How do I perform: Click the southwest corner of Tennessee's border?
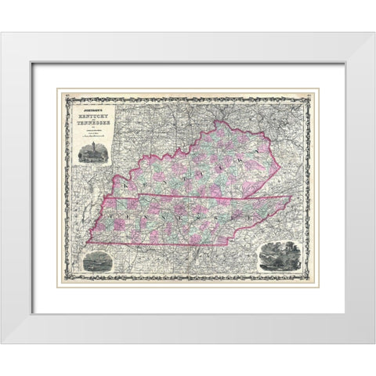pyautogui.click(x=89, y=241)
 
